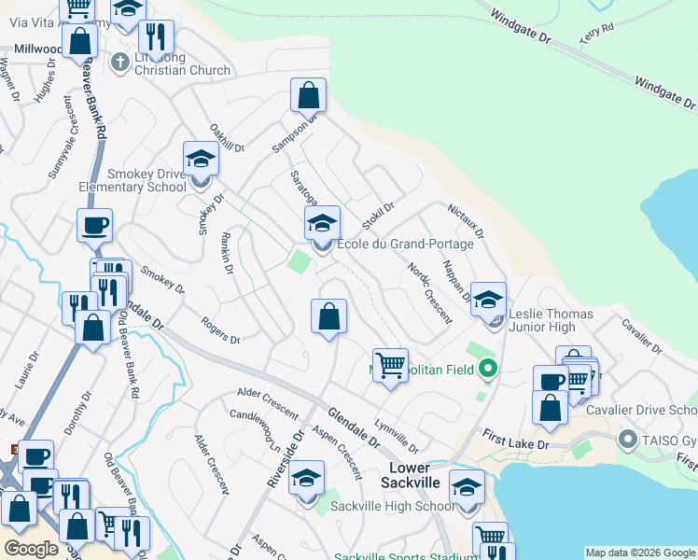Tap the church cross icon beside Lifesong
pyautogui.click(x=119, y=63)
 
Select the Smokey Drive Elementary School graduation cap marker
pyautogui.click(x=201, y=160)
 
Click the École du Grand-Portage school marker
pyautogui.click(x=323, y=225)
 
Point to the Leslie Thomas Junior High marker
pyautogui.click(x=488, y=301)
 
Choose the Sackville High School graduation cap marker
pyautogui.click(x=306, y=481)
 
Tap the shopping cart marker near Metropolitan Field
pyautogui.click(x=390, y=365)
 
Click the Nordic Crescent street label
pyautogui.click(x=429, y=293)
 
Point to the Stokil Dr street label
pyautogui.click(x=378, y=216)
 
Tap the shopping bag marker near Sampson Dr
pyautogui.click(x=308, y=96)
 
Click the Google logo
pyautogui.click(x=31, y=549)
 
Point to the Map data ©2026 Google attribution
pyautogui.click(x=639, y=553)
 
